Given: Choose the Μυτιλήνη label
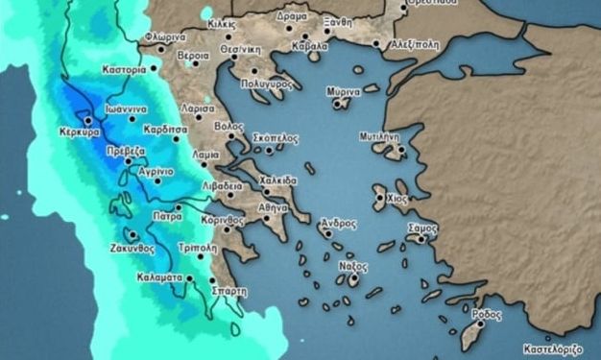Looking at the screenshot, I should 379,137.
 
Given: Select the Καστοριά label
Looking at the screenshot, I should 125,70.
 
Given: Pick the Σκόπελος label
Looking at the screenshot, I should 275,138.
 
